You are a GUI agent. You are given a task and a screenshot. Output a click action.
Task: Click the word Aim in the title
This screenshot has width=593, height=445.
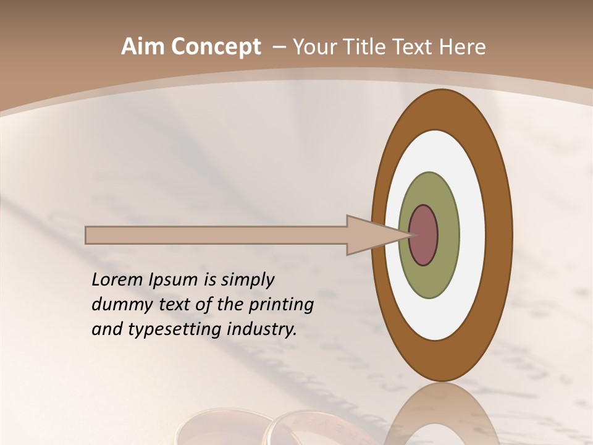(x=143, y=47)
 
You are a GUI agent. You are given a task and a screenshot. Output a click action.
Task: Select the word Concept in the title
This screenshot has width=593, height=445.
(x=215, y=47)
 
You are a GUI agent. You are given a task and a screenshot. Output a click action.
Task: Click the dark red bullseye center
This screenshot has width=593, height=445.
(x=423, y=235)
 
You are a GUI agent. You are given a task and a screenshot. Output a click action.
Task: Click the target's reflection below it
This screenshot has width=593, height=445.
(x=442, y=417)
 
